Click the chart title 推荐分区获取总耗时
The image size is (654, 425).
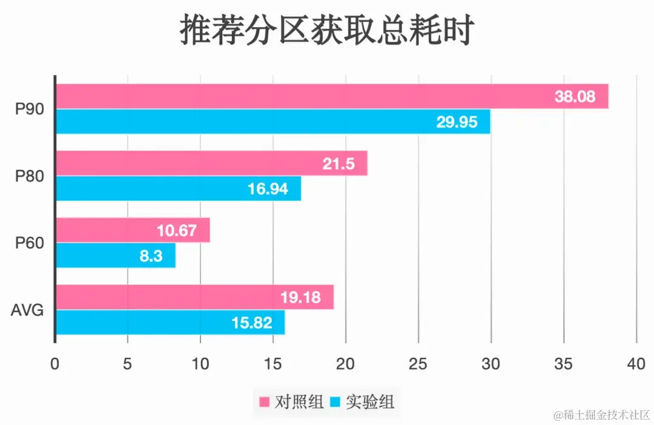[326, 31]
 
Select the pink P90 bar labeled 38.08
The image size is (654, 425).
[332, 96]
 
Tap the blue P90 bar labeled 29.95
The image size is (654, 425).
[272, 122]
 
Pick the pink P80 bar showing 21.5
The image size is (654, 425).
[211, 163]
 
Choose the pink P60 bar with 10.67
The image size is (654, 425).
[133, 230]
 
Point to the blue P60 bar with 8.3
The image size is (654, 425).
[115, 256]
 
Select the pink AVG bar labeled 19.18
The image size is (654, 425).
[194, 297]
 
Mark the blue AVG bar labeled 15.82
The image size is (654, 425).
[170, 322]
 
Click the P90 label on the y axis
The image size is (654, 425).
[27, 109]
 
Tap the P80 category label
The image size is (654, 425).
[27, 177]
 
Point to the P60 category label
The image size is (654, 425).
[27, 243]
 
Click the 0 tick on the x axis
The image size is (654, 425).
[55, 365]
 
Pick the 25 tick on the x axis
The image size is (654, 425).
[418, 365]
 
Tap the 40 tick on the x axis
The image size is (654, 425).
[636, 365]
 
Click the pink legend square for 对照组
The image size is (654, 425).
[264, 401]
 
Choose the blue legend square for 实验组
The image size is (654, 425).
[335, 401]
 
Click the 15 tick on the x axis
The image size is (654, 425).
[272, 365]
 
